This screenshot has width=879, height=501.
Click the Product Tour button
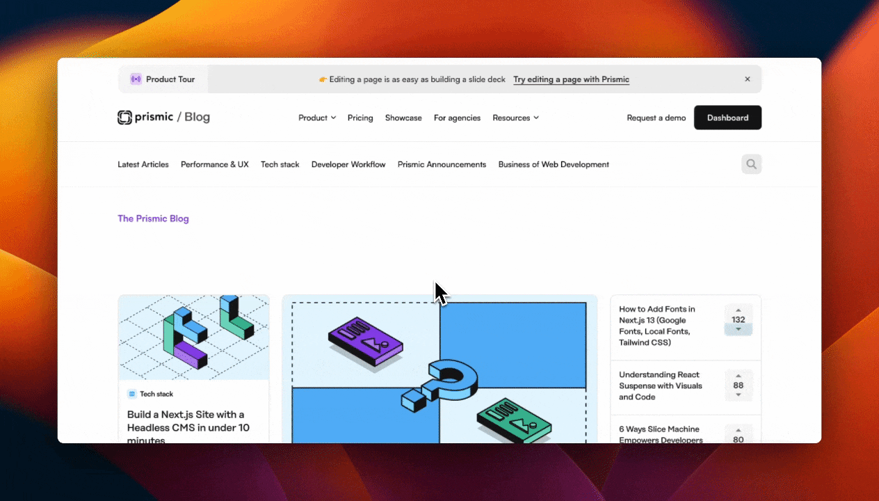click(x=163, y=79)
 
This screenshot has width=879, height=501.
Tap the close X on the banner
click(x=748, y=79)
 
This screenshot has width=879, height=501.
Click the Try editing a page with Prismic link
click(x=571, y=79)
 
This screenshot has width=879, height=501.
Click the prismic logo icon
click(x=124, y=118)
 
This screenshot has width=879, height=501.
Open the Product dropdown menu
click(x=317, y=118)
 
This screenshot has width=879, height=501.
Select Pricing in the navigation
click(x=360, y=118)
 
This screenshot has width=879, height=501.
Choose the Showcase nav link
click(x=403, y=118)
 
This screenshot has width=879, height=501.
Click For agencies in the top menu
click(x=457, y=118)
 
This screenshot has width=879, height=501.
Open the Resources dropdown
click(x=515, y=118)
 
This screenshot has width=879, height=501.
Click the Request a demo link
click(x=656, y=118)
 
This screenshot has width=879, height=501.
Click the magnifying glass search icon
click(x=751, y=164)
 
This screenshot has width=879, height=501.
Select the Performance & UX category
click(x=214, y=164)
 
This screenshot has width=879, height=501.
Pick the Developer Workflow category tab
click(x=348, y=164)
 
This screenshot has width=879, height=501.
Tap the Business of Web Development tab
click(x=554, y=164)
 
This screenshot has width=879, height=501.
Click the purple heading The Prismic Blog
click(x=153, y=218)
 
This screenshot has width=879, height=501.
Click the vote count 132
click(x=739, y=320)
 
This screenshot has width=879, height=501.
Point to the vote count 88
click(x=739, y=385)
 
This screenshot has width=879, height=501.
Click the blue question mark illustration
click(x=445, y=386)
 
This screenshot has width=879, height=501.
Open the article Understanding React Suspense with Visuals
click(x=661, y=385)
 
